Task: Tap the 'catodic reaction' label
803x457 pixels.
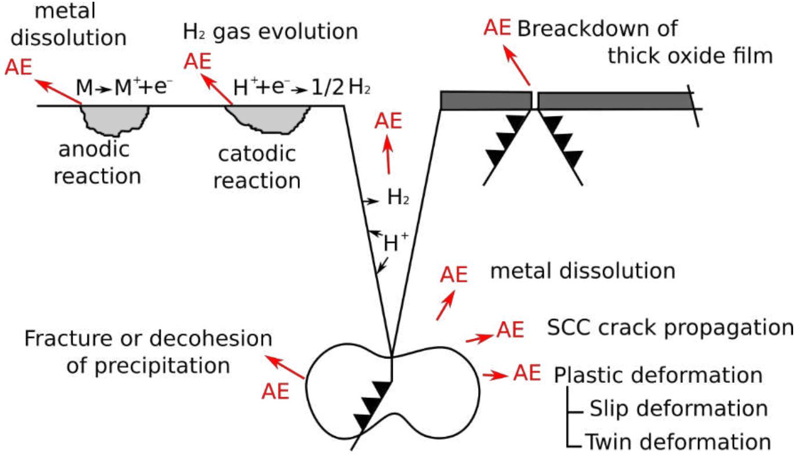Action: tap(256, 168)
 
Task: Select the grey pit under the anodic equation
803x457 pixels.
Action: tap(114, 119)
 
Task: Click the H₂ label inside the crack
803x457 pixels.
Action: tap(399, 199)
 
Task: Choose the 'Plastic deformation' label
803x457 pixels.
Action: tap(658, 375)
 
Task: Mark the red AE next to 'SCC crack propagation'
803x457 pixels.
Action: tap(511, 329)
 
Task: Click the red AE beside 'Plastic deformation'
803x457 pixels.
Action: tap(527, 372)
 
